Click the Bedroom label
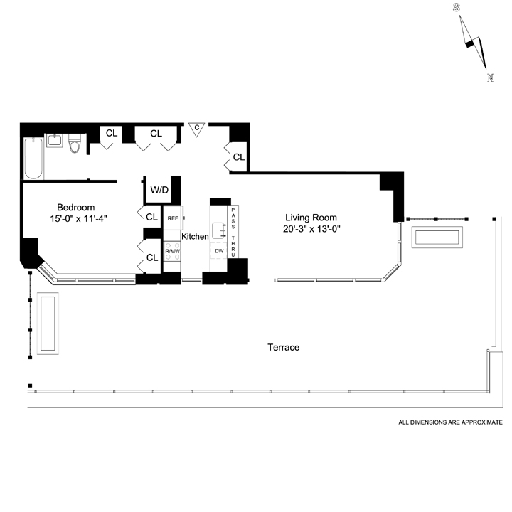(76, 208)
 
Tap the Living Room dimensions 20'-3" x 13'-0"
(311, 229)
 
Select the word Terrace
(284, 347)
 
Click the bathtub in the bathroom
(33, 159)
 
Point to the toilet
(75, 144)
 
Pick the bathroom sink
(55, 140)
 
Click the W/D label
(159, 190)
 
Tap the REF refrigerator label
(173, 218)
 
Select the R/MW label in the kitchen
(172, 252)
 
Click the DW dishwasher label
(219, 251)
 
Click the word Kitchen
(195, 236)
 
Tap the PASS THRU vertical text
(233, 232)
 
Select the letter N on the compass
(490, 78)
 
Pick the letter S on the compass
(456, 8)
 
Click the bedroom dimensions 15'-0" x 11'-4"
(78, 219)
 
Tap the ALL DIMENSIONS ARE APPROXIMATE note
(450, 422)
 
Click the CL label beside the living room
(239, 157)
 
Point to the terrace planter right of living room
(437, 237)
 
